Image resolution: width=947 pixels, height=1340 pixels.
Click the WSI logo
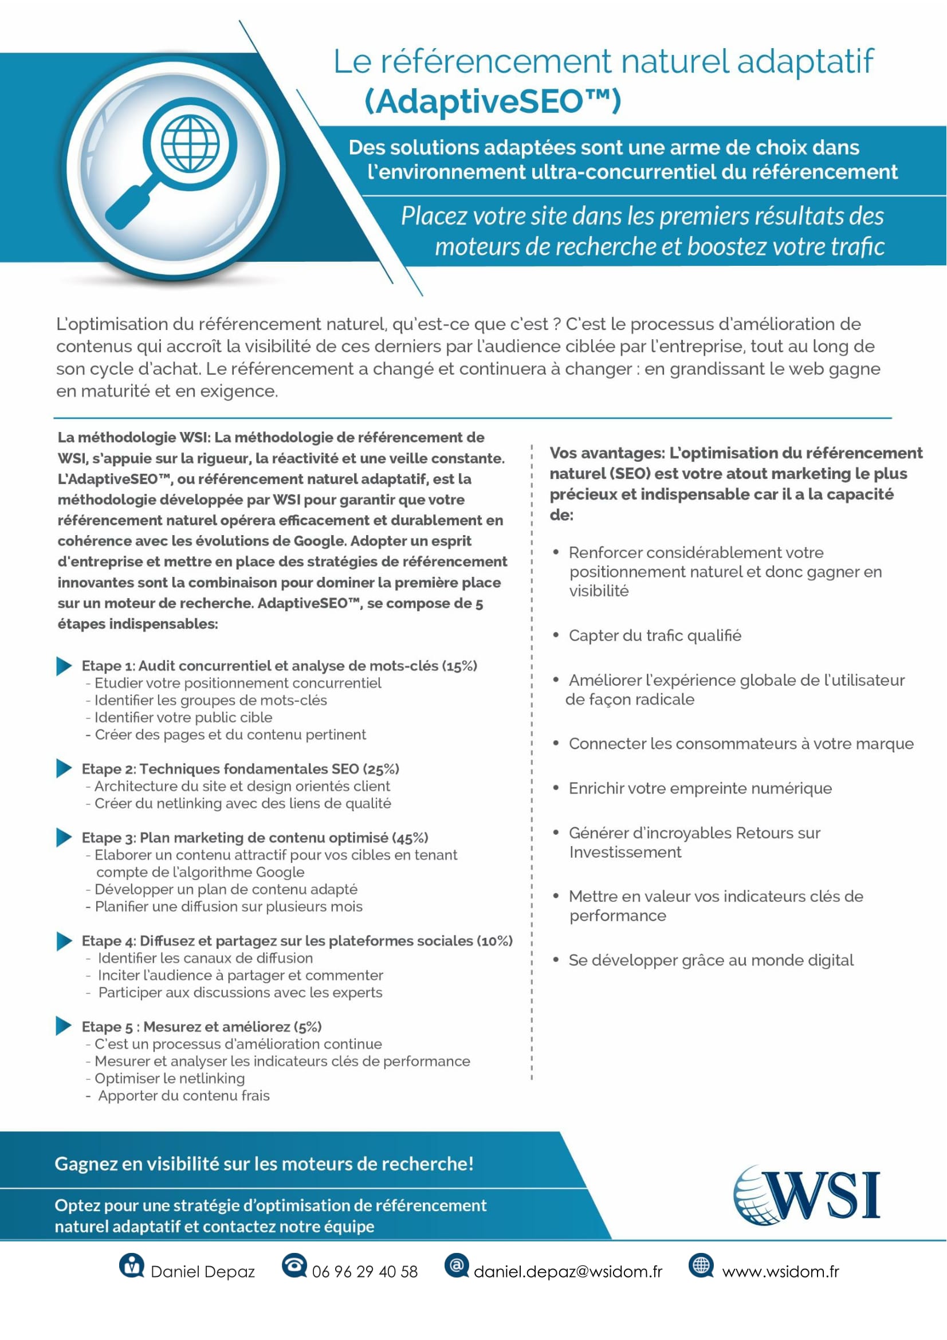pos(807,1193)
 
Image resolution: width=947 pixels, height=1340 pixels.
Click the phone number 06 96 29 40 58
pos(365,1272)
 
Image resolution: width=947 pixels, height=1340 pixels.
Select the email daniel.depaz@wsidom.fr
pos(568,1272)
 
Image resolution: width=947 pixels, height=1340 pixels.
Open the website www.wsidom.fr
pos(780,1272)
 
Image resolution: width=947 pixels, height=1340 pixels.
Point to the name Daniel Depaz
pos(202,1272)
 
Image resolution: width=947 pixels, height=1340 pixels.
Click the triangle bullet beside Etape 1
pos(64,665)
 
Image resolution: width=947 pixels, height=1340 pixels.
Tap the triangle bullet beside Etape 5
pos(64,1026)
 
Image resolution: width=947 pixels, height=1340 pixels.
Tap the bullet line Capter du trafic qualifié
pos(655,635)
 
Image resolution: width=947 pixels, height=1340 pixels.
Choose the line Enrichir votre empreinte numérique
pos(700,788)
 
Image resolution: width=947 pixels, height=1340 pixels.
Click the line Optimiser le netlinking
pos(169,1079)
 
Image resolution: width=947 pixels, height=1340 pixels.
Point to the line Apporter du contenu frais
pos(184,1095)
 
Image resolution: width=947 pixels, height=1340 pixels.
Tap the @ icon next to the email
pos(456,1265)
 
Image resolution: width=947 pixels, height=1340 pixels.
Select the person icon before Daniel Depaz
pos(131,1266)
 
